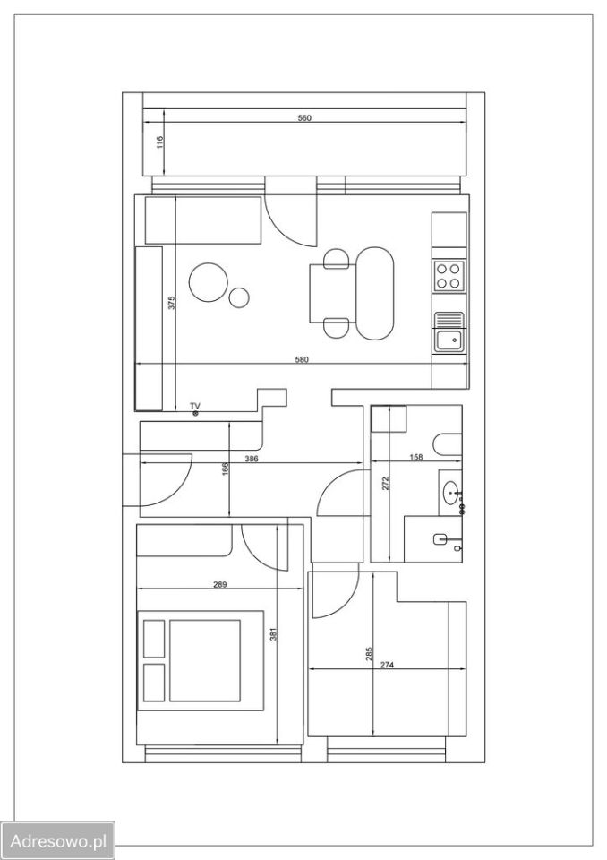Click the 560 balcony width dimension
coord(304,118)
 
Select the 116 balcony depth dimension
coord(159,142)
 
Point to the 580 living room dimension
coord(302,360)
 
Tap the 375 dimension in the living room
coord(171,304)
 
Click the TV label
coord(195,406)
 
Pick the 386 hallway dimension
coord(252,459)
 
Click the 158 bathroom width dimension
coord(416,457)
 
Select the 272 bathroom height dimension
coord(386,483)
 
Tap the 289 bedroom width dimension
coord(219,585)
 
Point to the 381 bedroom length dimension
coord(274,634)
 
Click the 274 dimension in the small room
coord(387,666)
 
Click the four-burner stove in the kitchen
coord(449,277)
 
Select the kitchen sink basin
coord(449,340)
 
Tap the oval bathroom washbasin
coord(451,493)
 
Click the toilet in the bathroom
coord(448,444)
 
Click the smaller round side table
coord(238,297)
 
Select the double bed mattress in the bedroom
coord(205,660)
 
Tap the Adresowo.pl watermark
coord(58,841)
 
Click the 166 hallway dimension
coord(225,469)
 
